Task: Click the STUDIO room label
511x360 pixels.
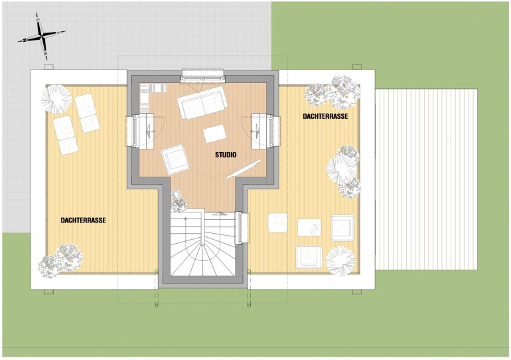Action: point(226,155)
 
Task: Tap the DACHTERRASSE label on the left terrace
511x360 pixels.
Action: point(84,221)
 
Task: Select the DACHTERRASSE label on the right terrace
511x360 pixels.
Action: point(325,116)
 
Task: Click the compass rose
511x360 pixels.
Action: point(42,36)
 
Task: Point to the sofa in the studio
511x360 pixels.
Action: point(202,102)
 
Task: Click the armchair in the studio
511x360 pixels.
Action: point(175,159)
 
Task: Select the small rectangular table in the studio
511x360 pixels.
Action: point(214,134)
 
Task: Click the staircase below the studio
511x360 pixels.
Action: point(202,244)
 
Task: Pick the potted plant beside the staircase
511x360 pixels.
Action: point(179,201)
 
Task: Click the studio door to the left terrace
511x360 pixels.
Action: point(142,131)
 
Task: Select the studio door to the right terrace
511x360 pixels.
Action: point(265,131)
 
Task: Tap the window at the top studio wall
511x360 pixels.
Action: point(202,76)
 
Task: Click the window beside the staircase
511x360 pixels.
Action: point(241,228)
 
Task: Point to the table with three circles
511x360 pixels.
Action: point(309,227)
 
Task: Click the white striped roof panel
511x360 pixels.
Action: point(426,179)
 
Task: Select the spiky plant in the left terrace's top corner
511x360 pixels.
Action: point(56,100)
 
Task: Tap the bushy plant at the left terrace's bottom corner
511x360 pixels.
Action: point(60,261)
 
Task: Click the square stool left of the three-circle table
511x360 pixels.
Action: point(277,223)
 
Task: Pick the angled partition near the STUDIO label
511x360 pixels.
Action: point(244,169)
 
